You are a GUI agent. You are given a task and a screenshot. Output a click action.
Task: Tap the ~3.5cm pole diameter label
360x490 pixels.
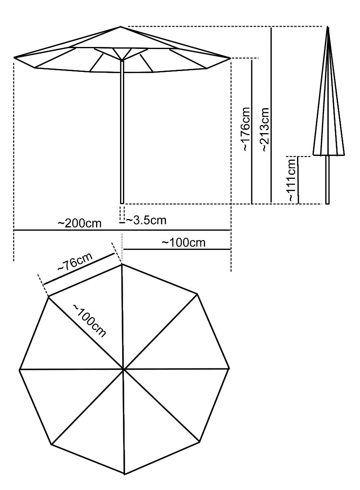[146, 220]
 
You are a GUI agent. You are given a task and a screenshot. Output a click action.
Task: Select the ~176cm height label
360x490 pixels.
[246, 129]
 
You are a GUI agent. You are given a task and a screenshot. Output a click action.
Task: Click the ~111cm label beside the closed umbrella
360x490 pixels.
[292, 180]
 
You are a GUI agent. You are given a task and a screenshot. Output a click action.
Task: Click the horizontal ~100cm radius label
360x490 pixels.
[183, 243]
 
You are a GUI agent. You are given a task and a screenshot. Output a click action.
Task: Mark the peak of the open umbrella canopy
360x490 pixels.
[121, 27]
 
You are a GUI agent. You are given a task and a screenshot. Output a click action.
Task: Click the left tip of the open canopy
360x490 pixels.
[14, 58]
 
